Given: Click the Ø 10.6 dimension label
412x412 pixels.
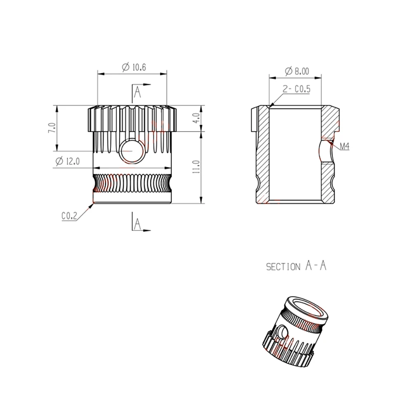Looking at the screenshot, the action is coord(134,67).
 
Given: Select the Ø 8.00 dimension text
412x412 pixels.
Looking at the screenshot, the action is coord(297,71).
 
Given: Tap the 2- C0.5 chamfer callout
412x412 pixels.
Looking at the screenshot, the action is coord(296,89).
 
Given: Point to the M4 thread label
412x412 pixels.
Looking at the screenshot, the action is coord(344,146).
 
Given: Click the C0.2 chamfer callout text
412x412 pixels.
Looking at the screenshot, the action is coord(69,216).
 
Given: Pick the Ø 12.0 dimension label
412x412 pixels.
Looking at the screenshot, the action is coord(68,161).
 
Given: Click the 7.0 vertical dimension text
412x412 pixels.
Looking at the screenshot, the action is coord(52,128).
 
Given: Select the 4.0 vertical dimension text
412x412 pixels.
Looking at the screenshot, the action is coord(196,118).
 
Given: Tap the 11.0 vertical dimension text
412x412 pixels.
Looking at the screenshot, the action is coord(196,166).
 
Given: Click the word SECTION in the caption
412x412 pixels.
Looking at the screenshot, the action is coord(283,267).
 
